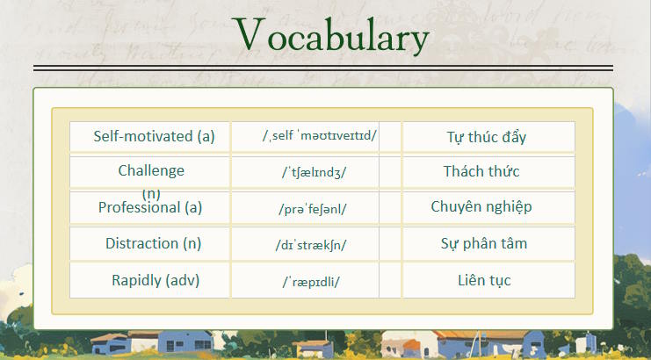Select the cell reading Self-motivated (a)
tap(154, 136)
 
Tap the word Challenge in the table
tap(151, 170)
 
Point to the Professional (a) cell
tap(150, 207)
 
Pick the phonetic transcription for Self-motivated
tap(319, 136)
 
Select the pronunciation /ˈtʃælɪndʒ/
tap(314, 172)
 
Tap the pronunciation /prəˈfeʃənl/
tap(312, 208)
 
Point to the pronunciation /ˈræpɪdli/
tap(311, 281)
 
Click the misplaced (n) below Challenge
tap(151, 192)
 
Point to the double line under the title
tap(322, 68)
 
